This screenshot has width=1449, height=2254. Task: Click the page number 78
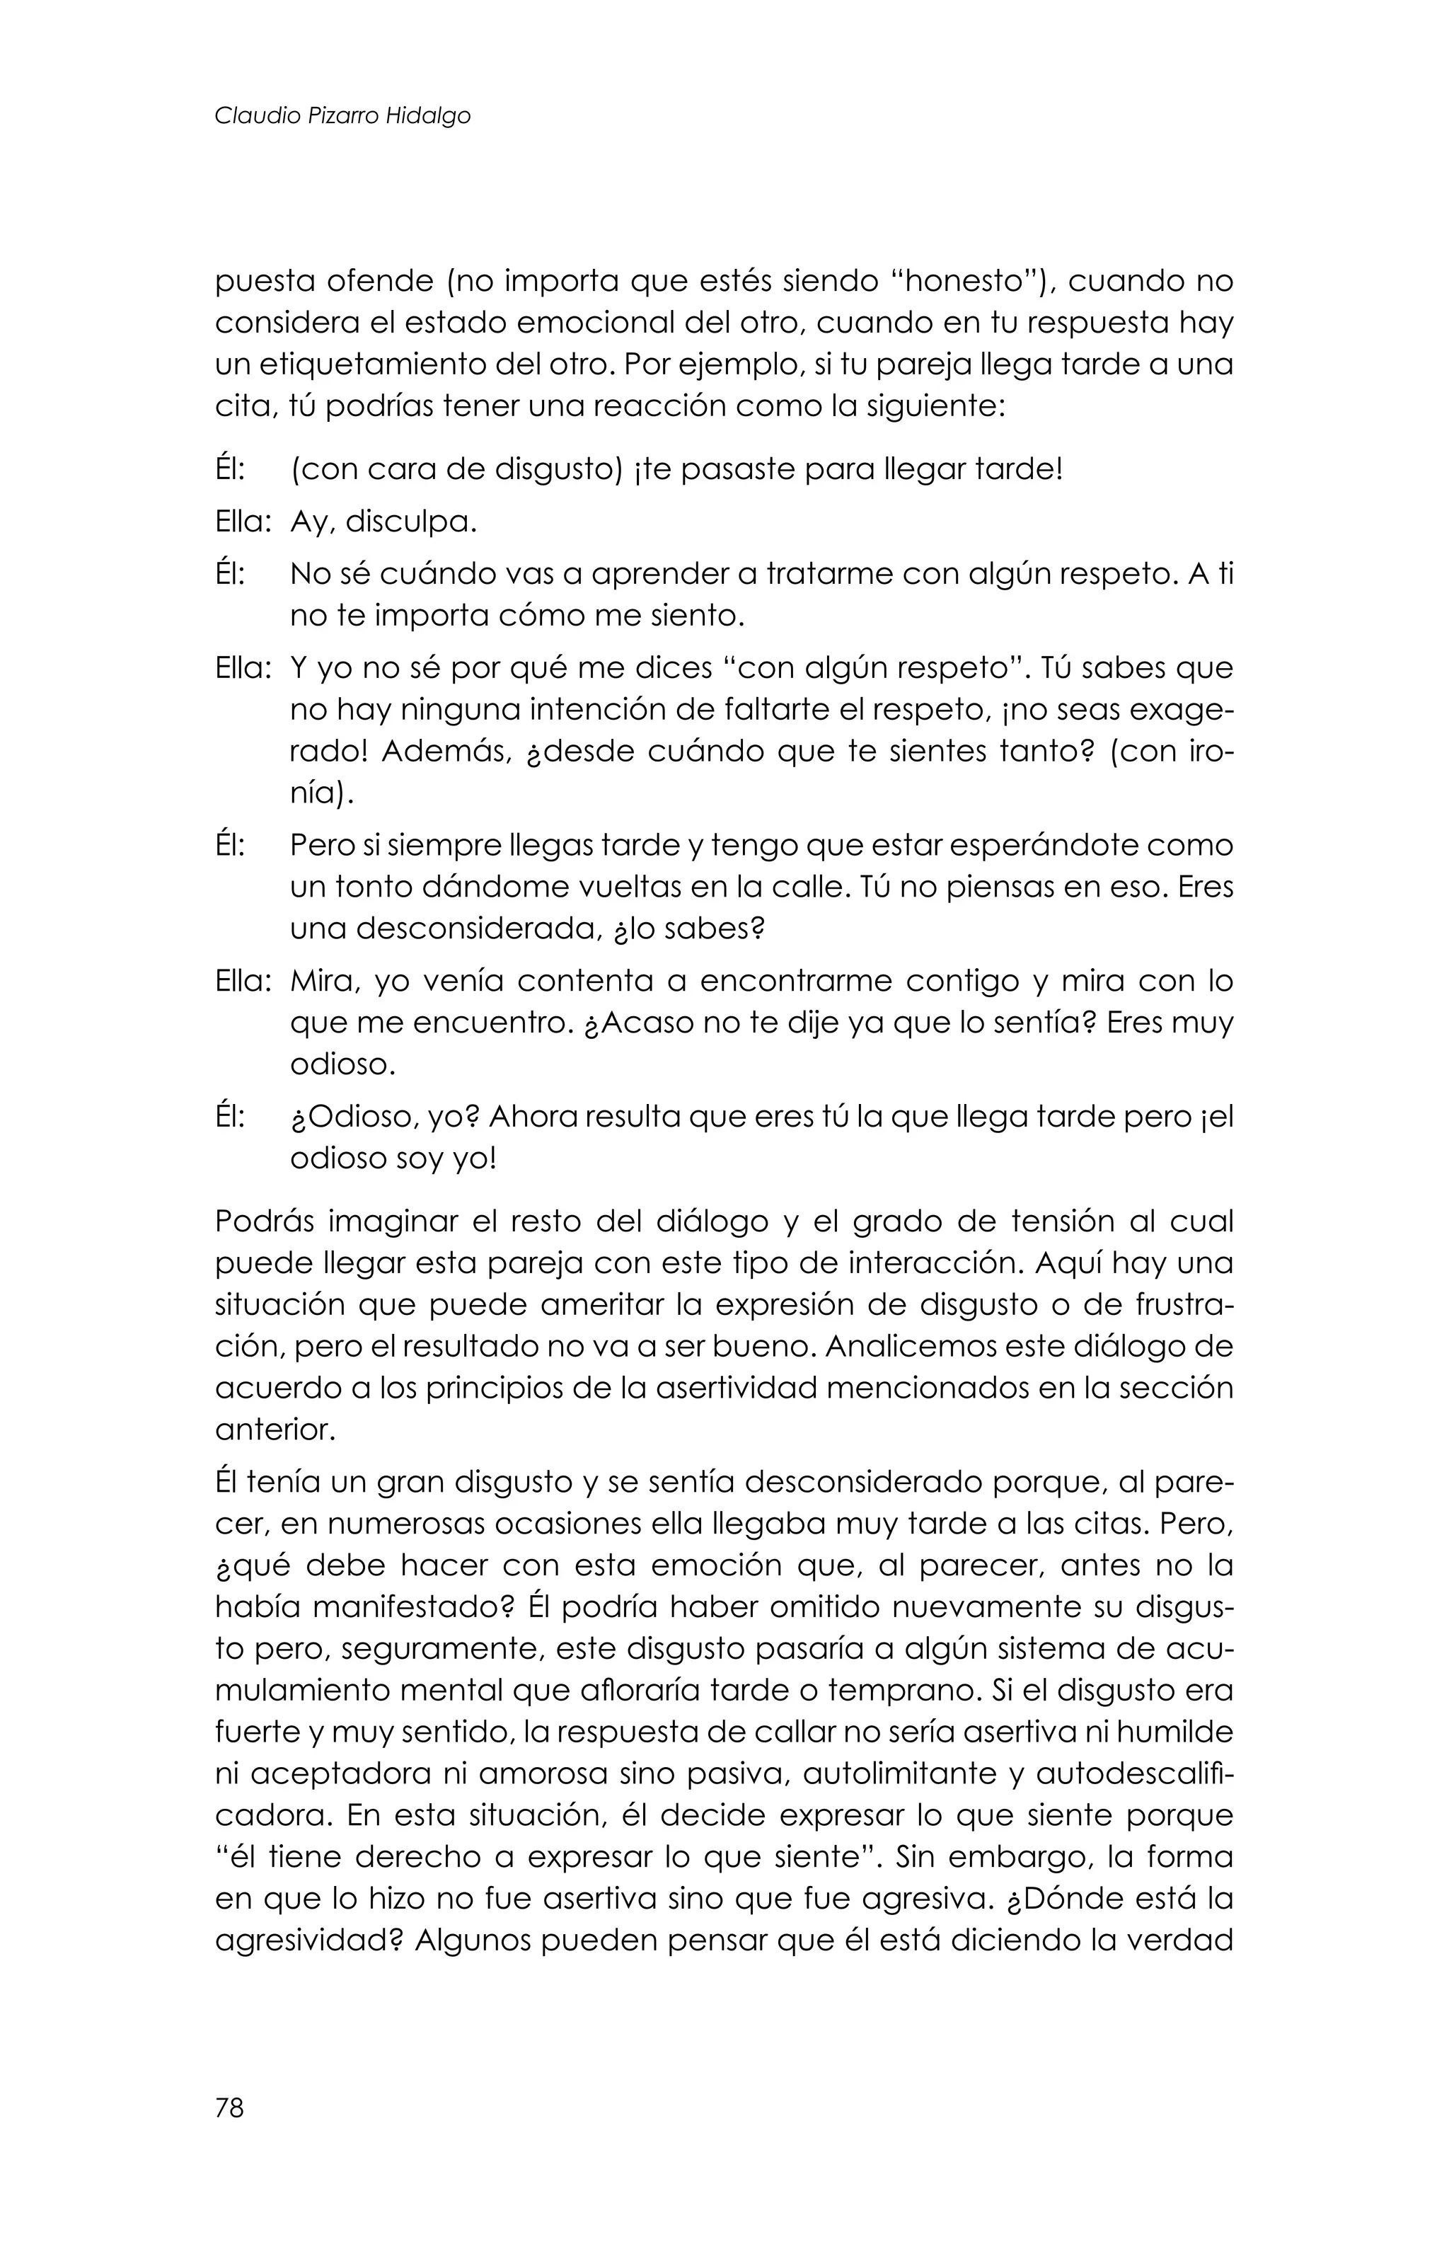(x=229, y=2109)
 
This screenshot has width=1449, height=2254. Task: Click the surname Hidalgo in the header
(x=428, y=116)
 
